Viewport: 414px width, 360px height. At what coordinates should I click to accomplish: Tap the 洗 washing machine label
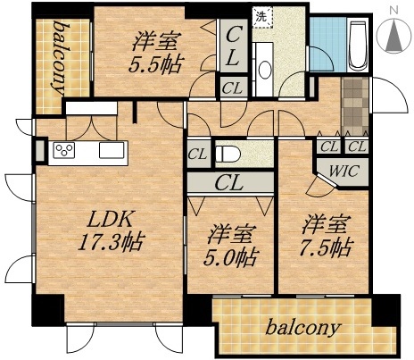click(261, 15)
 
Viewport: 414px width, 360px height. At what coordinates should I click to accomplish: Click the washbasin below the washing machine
click(264, 71)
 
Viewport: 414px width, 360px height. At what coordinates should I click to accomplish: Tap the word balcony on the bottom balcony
click(303, 327)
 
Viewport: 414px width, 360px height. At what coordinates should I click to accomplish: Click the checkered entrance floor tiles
click(353, 105)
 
